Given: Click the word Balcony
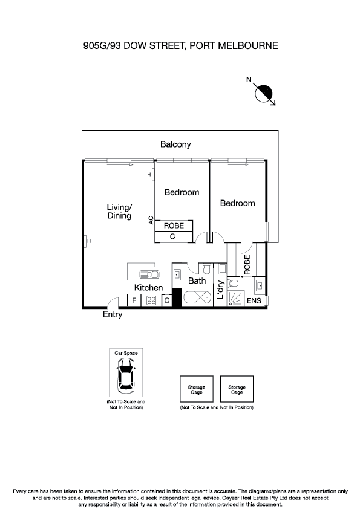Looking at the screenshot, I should (175, 144).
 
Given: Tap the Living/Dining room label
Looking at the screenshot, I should (119, 212).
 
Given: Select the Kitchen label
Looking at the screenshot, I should (148, 288).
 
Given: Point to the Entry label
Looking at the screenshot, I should (113, 315).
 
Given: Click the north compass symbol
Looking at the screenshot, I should (264, 93).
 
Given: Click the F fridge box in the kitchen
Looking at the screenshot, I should (134, 300).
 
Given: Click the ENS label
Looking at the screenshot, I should (255, 300).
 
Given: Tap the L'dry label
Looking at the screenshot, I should (221, 291).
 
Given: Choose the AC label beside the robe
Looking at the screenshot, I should (151, 221).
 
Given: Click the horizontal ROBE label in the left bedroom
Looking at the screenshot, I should (174, 225).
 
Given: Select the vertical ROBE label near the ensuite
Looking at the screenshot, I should (247, 264).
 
